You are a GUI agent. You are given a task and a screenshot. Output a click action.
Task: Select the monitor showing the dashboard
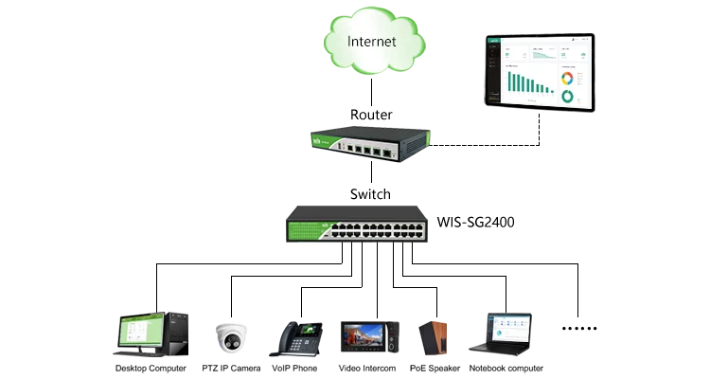click(540, 72)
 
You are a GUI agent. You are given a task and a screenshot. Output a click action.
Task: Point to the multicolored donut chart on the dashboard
click(567, 78)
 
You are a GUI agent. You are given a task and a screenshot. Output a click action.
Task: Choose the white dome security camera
click(230, 336)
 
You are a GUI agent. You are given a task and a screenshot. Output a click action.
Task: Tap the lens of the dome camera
click(230, 340)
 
